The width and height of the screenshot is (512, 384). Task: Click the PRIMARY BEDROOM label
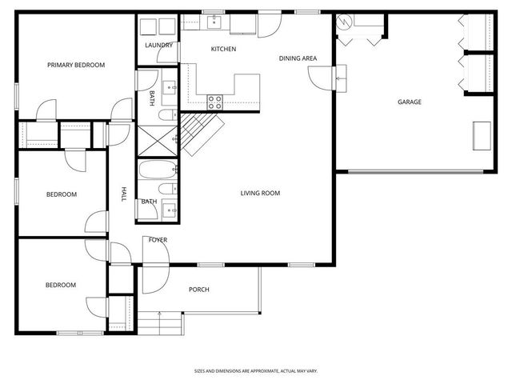click(x=76, y=65)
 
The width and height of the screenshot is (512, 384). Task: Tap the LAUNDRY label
click(x=158, y=46)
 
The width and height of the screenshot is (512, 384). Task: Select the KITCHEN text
click(x=223, y=50)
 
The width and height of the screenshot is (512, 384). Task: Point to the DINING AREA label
click(x=298, y=58)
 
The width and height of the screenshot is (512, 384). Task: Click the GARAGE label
click(x=410, y=102)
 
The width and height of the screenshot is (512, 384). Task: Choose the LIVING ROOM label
click(x=261, y=193)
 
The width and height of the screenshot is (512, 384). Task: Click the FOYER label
click(x=158, y=240)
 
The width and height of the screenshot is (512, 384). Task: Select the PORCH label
click(x=199, y=290)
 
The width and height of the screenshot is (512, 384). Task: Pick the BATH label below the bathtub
click(x=149, y=202)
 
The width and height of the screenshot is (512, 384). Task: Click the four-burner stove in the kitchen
click(x=215, y=102)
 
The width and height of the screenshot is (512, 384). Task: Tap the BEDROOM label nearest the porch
click(x=60, y=286)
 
